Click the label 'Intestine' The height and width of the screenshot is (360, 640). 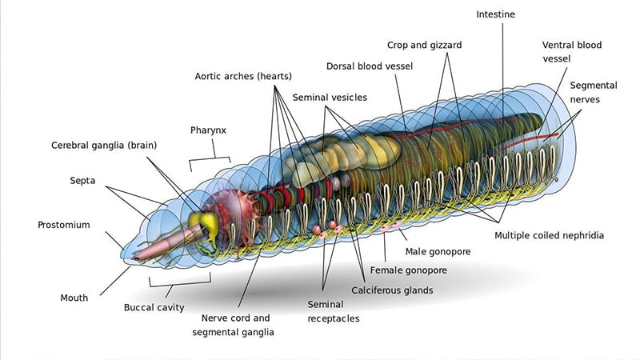point(496,14)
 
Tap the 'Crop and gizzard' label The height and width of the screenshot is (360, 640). point(424,46)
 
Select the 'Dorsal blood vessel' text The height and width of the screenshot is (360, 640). point(370,66)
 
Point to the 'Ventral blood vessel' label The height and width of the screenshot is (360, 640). point(572,52)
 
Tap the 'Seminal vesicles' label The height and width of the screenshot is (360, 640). point(330,98)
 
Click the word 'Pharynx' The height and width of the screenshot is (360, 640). point(208,130)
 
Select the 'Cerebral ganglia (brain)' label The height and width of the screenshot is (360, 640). point(104,146)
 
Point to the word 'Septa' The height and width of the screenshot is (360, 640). point(83,181)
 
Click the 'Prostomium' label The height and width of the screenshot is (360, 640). point(64,225)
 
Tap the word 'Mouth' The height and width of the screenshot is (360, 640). point(74,298)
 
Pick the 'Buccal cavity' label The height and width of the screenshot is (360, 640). point(154,307)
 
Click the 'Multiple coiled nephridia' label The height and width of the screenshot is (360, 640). point(549,236)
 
